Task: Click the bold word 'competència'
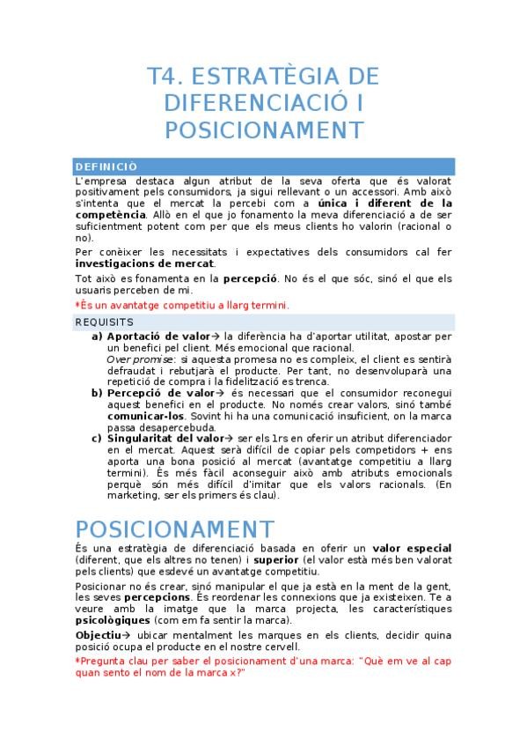110,214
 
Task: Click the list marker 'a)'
97,337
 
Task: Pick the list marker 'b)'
97,393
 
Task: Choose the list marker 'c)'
97,438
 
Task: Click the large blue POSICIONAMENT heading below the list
174,529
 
